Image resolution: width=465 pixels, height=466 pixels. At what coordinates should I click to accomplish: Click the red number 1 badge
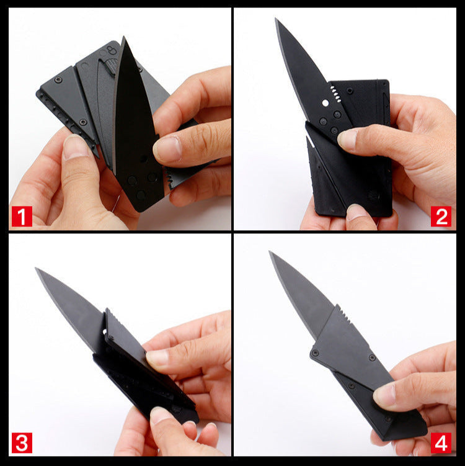pos(22,216)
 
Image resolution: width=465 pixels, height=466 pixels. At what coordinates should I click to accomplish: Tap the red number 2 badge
pos(441,216)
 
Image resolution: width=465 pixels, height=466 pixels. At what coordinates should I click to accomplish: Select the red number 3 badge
pos(22,443)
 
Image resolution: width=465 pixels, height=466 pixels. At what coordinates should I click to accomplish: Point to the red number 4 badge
pos(441,443)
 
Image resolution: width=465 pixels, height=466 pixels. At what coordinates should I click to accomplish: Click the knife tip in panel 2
pos(276,19)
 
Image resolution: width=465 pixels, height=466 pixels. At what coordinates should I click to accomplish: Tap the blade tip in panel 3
pos(36,268)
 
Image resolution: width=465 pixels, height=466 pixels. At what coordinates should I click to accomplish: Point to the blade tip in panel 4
pos(270,252)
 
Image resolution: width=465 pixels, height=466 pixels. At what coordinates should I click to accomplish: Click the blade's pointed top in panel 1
pos(123,37)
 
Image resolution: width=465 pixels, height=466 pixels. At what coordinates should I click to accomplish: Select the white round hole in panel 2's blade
pos(325,103)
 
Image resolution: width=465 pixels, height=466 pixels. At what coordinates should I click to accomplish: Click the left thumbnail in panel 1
pos(75,146)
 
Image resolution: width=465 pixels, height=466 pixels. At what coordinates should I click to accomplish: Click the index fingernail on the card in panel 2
pos(347,138)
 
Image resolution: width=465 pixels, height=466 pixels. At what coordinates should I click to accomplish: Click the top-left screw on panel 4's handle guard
pos(315,353)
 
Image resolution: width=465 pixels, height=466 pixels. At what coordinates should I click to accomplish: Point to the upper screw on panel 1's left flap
pos(58,79)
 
